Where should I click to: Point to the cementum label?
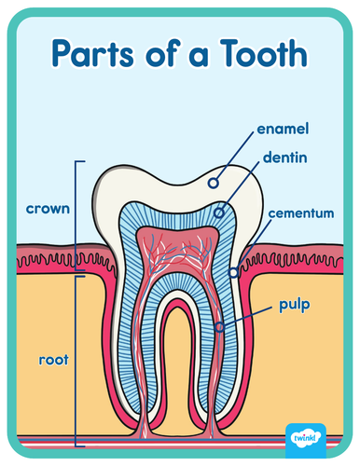pyautogui.click(x=300, y=213)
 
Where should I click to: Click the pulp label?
pyautogui.click(x=293, y=305)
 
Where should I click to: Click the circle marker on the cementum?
pyautogui.click(x=234, y=273)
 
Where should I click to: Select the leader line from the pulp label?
pyautogui.click(x=247, y=316)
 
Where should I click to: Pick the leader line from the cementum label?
pyautogui.click(x=251, y=244)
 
